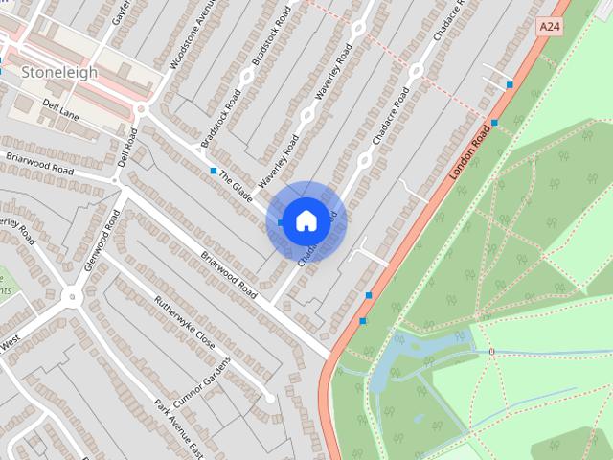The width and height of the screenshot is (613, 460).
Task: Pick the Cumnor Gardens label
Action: [202, 384]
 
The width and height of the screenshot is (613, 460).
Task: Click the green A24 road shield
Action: [549, 28]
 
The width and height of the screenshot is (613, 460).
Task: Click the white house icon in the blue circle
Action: [305, 220]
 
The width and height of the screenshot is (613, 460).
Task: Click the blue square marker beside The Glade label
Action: [213, 171]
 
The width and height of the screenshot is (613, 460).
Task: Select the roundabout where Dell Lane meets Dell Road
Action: [141, 108]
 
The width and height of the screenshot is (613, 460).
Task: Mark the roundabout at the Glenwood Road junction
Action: [73, 297]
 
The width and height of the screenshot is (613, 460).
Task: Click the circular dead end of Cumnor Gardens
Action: [271, 397]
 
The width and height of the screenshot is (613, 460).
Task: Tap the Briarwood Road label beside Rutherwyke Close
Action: [229, 274]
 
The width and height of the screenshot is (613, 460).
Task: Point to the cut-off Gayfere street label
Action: [121, 11]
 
